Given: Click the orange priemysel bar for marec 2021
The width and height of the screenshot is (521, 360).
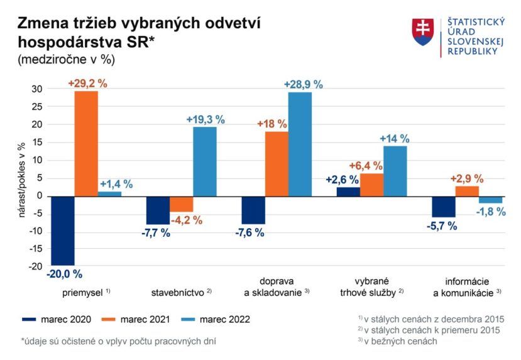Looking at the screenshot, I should tap(86, 143).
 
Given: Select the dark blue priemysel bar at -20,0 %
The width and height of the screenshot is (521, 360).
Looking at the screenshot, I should tap(63, 231).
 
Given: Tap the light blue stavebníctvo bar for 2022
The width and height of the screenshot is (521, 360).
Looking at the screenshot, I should tap(205, 161).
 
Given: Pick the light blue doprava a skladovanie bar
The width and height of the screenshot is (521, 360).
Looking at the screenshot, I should tap(300, 144).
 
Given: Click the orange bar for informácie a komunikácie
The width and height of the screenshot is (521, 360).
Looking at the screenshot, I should tap(467, 191).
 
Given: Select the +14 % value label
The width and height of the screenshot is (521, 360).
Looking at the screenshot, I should tap(394, 138).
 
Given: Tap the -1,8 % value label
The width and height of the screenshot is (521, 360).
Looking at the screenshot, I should tap(491, 212).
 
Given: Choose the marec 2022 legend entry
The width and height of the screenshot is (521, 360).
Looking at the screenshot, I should tap(214, 319).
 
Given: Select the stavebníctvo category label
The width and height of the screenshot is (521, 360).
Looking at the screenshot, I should tap(178, 292).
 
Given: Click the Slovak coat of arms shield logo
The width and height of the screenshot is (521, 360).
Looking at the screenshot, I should tap(423, 31).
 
